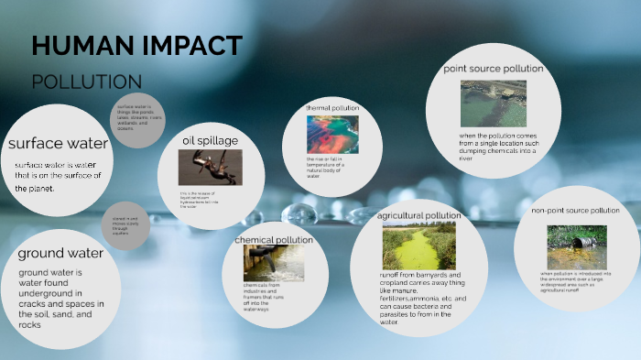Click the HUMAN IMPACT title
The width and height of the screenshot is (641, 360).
pyautogui.click(x=136, y=46)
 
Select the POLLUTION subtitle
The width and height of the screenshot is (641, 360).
pyautogui.click(x=86, y=82)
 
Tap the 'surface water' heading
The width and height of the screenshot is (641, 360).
pyautogui.click(x=58, y=143)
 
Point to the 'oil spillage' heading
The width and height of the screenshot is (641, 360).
pyautogui.click(x=210, y=140)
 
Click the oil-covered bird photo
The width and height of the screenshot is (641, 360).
pyautogui.click(x=210, y=168)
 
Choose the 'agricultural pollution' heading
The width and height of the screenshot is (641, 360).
pyautogui.click(x=418, y=216)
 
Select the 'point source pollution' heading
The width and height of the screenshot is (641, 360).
pyautogui.click(x=494, y=69)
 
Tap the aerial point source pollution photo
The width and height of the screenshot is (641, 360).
pyautogui.click(x=494, y=104)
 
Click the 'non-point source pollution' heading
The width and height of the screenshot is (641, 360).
pyautogui.click(x=575, y=211)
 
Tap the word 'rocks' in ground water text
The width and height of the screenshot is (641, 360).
pyautogui.click(x=30, y=324)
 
